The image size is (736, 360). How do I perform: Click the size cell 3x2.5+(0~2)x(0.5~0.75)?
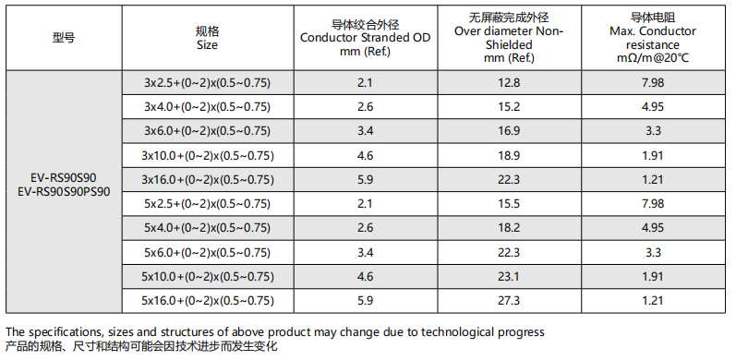[208, 83]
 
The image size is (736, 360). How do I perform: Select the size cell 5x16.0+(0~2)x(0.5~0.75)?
[208, 300]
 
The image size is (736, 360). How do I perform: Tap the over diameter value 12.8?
[509, 83]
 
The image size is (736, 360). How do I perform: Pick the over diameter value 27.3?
[509, 300]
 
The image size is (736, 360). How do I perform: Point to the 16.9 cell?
[509, 131]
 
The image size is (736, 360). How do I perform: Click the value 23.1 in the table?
[509, 276]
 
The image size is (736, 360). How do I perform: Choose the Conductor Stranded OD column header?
[365, 38]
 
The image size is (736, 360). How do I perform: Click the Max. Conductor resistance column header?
[653, 38]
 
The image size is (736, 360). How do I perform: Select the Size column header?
[208, 38]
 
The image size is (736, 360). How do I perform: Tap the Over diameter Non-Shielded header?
[509, 38]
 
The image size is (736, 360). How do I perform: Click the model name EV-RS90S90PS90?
[64, 192]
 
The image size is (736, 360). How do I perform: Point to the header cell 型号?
[64, 38]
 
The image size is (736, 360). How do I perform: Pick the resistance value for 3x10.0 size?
[653, 155]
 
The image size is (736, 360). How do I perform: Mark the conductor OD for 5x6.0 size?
[365, 253]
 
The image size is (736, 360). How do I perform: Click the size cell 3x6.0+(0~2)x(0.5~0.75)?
[208, 131]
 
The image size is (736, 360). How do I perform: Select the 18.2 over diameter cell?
[509, 228]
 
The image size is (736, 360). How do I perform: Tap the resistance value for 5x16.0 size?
[653, 300]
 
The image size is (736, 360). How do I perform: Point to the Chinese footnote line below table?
[141, 347]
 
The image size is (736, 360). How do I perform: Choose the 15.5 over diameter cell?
[509, 204]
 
